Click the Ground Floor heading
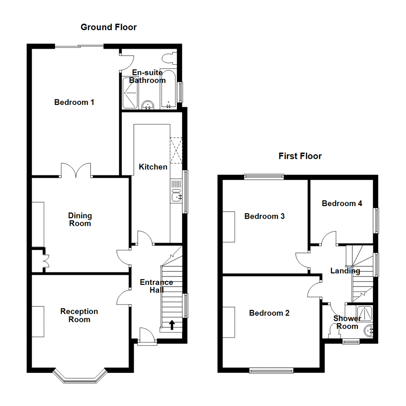click(109, 27)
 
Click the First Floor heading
click(300, 156)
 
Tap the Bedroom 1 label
click(74, 102)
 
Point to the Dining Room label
click(80, 220)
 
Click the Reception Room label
click(79, 315)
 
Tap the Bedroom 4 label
click(342, 203)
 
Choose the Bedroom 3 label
click(265, 216)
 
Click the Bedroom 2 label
click(269, 313)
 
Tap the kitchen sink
click(176, 197)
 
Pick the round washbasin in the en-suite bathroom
click(148, 105)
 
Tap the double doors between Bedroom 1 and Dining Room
click(76, 170)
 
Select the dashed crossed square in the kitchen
click(176, 151)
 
